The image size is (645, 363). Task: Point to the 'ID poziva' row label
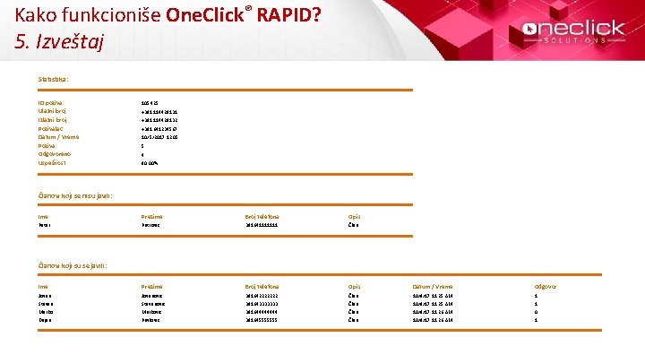pos(51,104)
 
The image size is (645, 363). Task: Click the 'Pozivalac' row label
pos(51,128)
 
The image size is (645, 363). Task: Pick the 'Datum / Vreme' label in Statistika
pos(58,137)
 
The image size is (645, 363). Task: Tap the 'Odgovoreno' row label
pos(54,154)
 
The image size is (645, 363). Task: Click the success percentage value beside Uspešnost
pos(150,163)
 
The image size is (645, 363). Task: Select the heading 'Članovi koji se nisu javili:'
pos(75,195)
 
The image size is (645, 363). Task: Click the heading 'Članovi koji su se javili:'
pos(73,265)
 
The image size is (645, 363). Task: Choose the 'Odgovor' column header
pos(545,286)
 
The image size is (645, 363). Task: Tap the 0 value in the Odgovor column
pos(536,311)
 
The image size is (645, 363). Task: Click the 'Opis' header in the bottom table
pos(354,286)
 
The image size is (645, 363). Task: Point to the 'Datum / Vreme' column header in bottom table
pos(434,286)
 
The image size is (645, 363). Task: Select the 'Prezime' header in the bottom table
pos(152,286)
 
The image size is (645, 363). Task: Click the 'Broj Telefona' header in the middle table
pos(262,216)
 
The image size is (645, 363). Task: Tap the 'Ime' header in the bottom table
pos(43,286)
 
